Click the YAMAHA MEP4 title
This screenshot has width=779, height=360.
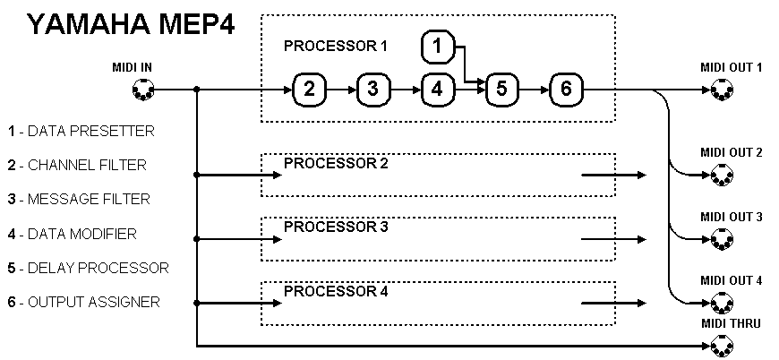click(132, 23)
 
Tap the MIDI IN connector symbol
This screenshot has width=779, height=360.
click(142, 90)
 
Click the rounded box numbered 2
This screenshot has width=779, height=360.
click(309, 89)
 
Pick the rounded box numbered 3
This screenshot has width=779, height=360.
click(372, 89)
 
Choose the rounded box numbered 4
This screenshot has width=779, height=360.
click(437, 89)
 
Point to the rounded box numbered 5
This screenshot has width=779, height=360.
click(501, 89)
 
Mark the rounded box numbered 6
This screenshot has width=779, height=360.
click(566, 89)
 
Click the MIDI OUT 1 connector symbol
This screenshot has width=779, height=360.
click(722, 90)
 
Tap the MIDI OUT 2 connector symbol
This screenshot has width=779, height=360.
click(722, 176)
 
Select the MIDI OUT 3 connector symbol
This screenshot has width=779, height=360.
click(722, 240)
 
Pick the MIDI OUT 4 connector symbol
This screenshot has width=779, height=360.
click(722, 304)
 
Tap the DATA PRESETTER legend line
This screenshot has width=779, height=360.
click(81, 131)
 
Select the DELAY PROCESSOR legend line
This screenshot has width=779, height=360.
click(88, 268)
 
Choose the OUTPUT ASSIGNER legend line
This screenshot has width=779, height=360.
click(83, 302)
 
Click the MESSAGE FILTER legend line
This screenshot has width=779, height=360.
click(79, 199)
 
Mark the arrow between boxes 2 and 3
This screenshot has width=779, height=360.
click(340, 90)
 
